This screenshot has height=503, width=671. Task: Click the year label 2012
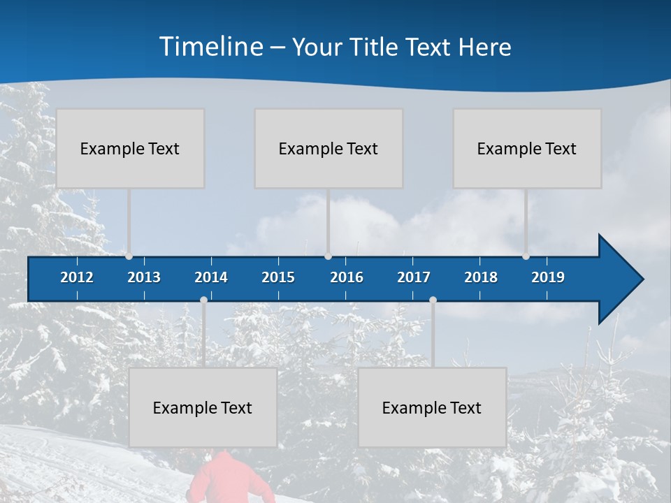(x=77, y=277)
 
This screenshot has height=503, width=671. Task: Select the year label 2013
(x=144, y=277)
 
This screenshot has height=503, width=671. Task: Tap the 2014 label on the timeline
(x=211, y=277)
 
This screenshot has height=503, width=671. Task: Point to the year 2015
(x=278, y=277)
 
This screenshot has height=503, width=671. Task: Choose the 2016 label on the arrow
(x=347, y=277)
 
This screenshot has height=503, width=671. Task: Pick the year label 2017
(x=414, y=277)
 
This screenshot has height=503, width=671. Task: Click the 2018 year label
(x=481, y=277)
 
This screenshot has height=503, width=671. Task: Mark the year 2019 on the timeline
(x=548, y=277)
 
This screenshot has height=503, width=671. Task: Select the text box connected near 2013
(x=130, y=148)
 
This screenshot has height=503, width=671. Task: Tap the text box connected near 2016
(x=329, y=148)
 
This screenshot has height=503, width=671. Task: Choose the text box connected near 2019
(x=527, y=148)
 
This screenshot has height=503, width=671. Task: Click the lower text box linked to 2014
(x=203, y=407)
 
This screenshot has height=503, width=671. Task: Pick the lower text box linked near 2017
(x=432, y=407)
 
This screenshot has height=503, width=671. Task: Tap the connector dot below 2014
(x=203, y=300)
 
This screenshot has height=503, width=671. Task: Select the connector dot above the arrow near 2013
(x=129, y=256)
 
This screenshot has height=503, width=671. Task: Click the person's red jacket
(x=222, y=479)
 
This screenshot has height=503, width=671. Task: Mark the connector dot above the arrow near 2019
(x=526, y=256)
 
